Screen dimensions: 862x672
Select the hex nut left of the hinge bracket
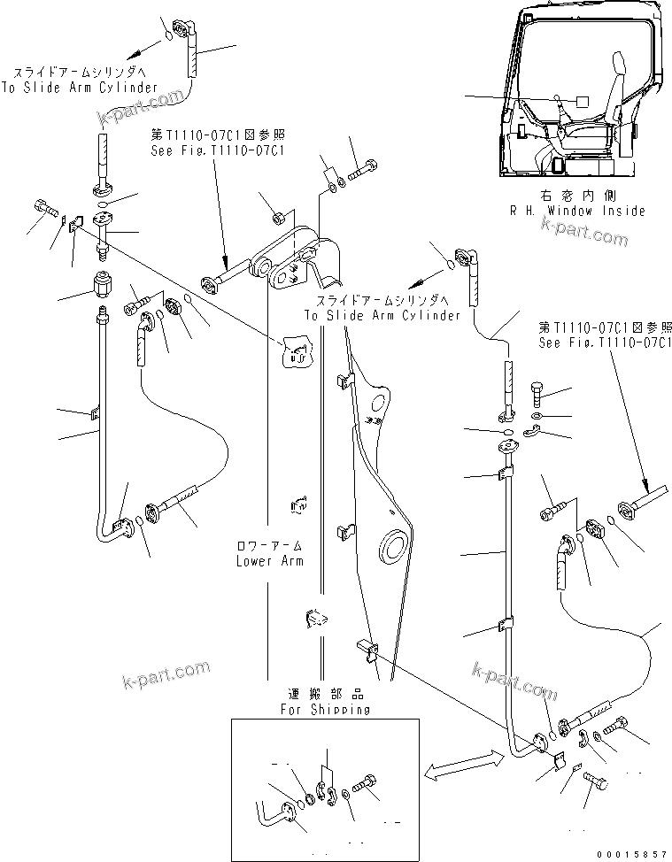275,216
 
